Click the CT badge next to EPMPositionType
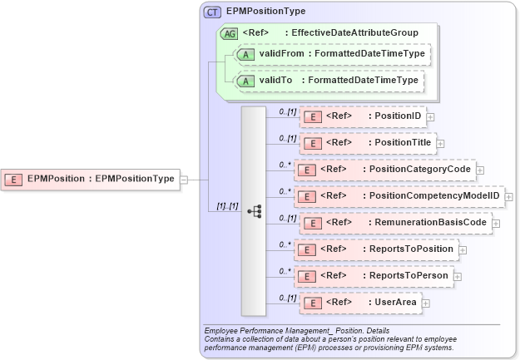212,12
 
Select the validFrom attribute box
330,54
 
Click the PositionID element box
363,116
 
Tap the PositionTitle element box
367,143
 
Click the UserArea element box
359,303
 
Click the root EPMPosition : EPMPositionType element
92,178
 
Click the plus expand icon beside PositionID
430,117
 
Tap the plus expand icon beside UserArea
426,303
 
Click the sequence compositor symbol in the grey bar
255,211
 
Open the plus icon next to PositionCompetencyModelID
508,197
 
